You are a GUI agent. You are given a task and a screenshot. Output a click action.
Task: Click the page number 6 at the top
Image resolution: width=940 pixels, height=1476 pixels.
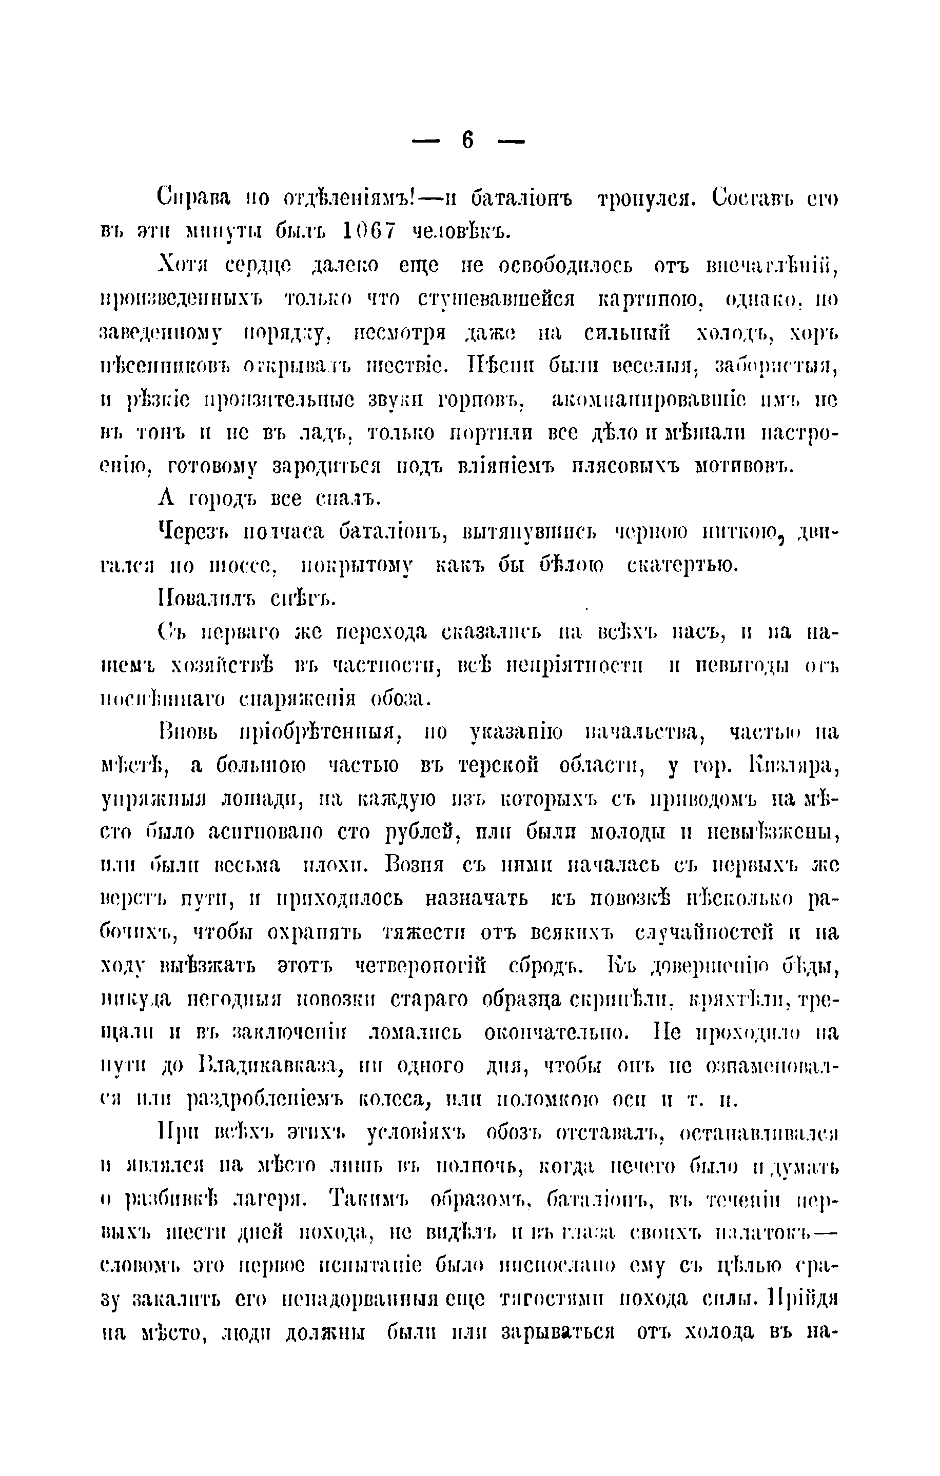click(x=467, y=141)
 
